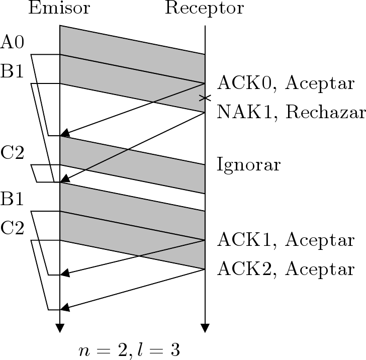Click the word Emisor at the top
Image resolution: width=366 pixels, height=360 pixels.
59,8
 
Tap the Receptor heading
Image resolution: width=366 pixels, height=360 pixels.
204,8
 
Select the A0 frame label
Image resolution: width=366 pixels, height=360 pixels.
13,42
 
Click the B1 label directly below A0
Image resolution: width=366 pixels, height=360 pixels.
13,71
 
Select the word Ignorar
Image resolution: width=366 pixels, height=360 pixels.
248,164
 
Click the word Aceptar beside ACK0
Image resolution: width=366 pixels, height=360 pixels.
320,83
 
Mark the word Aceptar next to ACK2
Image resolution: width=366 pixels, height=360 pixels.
320,269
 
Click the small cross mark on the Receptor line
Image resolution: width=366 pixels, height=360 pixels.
205,98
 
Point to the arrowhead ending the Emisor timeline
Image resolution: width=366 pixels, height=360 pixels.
60,328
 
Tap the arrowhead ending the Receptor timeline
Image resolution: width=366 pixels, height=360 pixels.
205,328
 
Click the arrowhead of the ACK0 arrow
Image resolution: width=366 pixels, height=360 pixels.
63,134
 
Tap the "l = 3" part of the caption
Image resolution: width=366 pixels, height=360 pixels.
160,350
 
